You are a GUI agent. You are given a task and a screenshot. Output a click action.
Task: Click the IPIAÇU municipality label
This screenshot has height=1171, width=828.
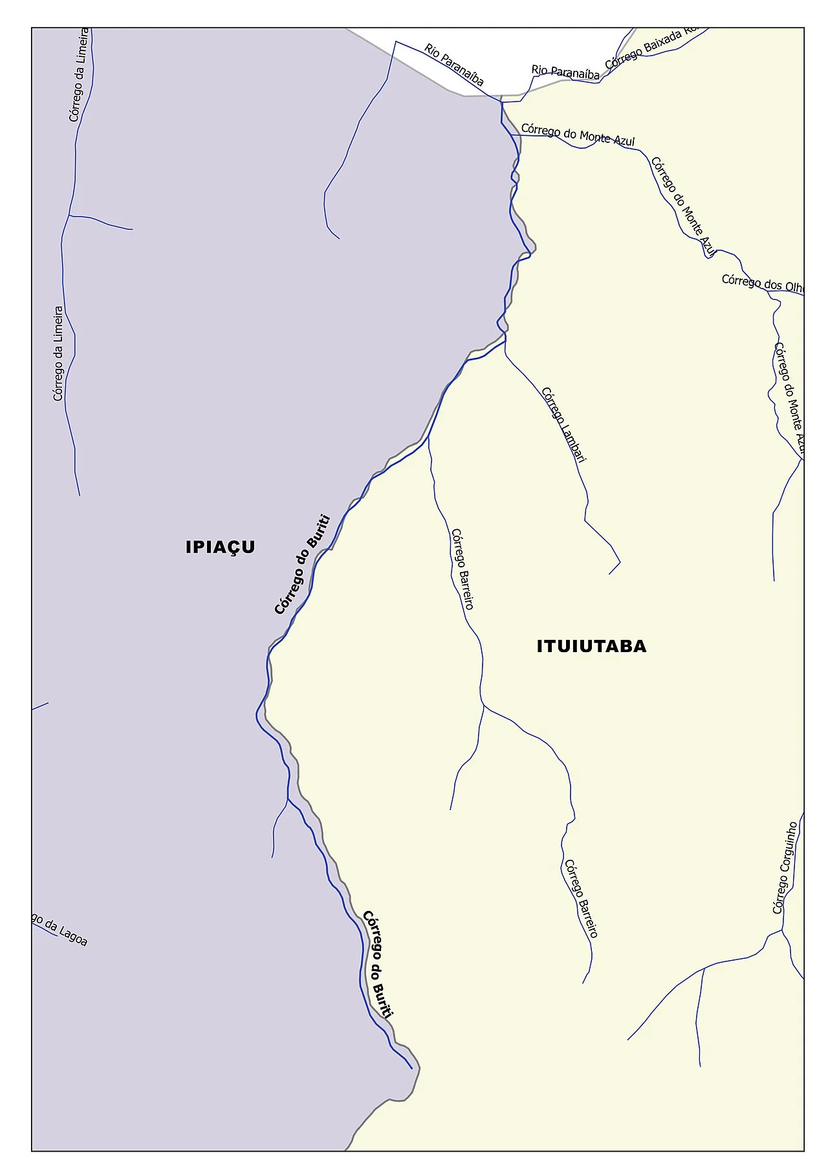(220, 547)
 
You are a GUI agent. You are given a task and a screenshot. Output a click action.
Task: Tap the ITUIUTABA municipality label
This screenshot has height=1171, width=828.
(591, 646)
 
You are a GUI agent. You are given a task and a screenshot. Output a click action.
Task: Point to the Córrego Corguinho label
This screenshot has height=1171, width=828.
(785, 868)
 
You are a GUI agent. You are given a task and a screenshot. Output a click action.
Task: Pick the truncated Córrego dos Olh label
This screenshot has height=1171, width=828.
(763, 283)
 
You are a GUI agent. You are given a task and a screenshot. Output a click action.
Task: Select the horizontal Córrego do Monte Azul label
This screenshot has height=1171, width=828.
(578, 134)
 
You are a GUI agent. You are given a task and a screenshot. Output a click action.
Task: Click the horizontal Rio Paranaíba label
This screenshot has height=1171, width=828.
(565, 72)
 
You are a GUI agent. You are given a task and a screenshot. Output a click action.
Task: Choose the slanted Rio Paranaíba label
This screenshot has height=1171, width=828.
(454, 64)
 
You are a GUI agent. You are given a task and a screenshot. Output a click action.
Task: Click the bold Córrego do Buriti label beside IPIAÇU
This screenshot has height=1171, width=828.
(302, 564)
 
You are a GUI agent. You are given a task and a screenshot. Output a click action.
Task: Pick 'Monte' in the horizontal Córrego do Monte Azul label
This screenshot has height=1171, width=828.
(594, 136)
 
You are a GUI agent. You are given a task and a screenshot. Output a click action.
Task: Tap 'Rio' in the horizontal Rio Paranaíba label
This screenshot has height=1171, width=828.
(539, 69)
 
